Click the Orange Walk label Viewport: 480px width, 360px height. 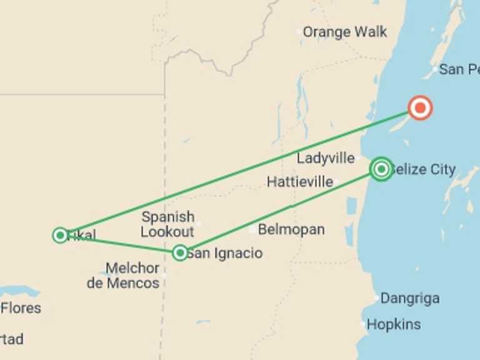(x=345, y=32)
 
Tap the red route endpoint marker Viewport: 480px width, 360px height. (x=420, y=108)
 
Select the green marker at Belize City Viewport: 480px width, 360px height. (x=381, y=169)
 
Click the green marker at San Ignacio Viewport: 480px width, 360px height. (x=180, y=252)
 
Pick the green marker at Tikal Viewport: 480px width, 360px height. (x=60, y=235)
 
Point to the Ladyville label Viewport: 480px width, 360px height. (x=326, y=158)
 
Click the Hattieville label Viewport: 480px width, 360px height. (x=299, y=182)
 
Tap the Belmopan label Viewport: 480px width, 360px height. (x=291, y=229)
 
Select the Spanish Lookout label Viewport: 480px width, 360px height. (x=167, y=224)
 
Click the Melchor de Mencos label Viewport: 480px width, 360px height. (x=123, y=276)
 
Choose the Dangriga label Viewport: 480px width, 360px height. (x=410, y=298)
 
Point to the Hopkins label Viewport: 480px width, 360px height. (x=394, y=324)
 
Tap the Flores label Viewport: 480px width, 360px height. (x=21, y=307)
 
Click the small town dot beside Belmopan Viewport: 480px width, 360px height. (x=252, y=229)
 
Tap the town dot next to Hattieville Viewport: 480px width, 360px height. (x=336, y=182)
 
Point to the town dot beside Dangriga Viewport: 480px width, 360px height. (x=376, y=298)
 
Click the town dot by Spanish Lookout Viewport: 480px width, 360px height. (x=199, y=222)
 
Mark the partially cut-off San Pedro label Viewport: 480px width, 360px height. (x=459, y=69)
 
